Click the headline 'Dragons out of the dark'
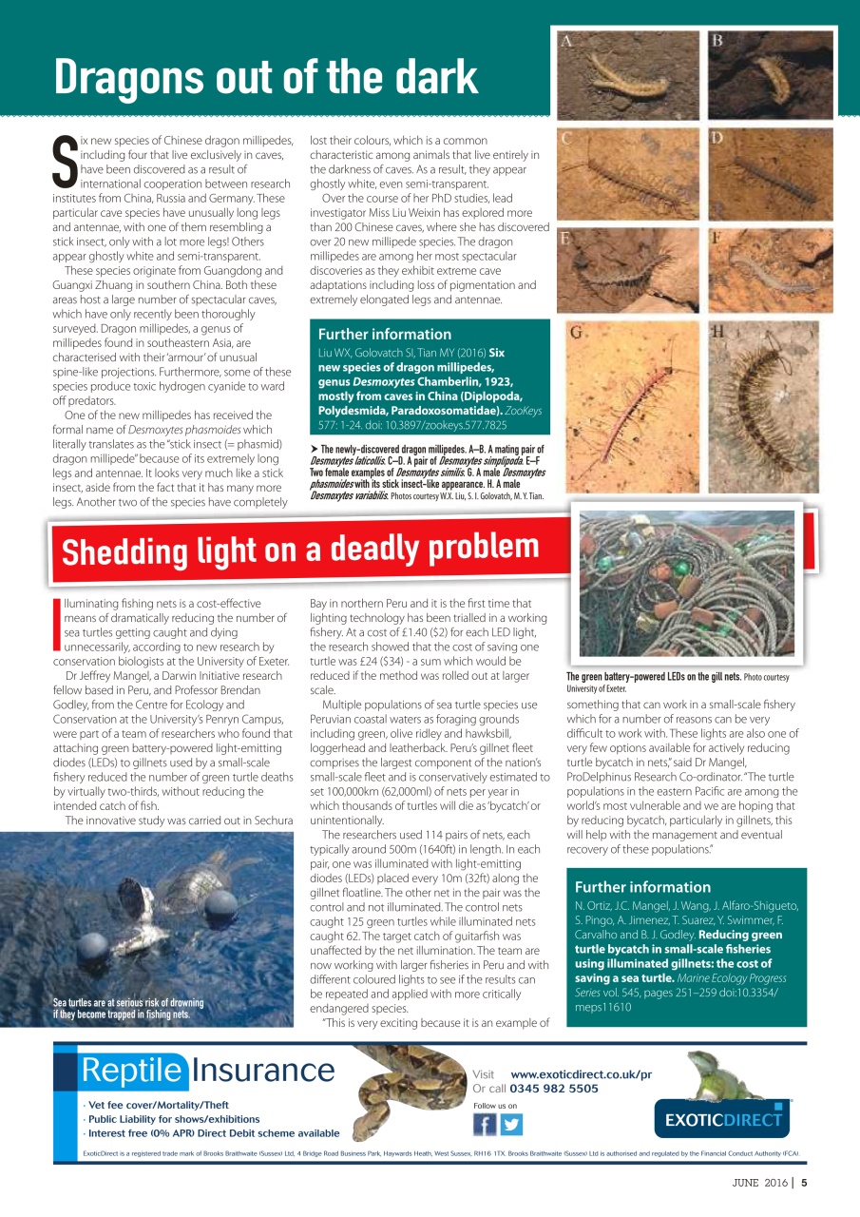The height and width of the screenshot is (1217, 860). coord(265,77)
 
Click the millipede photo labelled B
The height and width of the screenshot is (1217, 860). coord(771,74)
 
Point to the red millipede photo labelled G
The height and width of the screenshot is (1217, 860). coord(628,409)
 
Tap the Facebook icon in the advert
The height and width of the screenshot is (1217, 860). coord(485,1124)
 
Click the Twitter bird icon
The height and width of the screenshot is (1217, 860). coord(511,1124)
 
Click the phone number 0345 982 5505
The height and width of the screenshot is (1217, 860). coord(554,1089)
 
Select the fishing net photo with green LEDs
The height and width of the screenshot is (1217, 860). coord(686,587)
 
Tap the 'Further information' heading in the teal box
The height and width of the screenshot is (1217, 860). coord(385,334)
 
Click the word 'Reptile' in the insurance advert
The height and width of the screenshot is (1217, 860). coord(132,1071)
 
